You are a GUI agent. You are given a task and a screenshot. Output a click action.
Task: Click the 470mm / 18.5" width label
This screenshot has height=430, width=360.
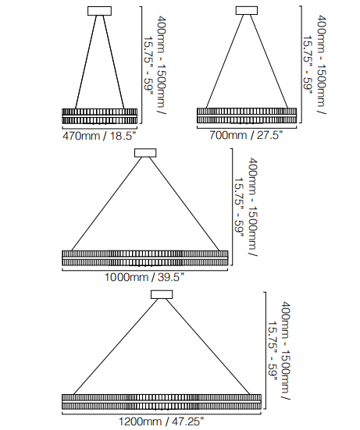pos(99,136)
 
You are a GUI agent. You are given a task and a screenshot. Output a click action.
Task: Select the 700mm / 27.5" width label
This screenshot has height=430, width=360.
pos(246,135)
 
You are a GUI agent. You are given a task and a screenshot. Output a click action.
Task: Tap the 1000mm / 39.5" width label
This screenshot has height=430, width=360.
pos(144,277)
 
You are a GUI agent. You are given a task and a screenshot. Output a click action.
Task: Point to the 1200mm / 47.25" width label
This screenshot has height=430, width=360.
pos(162,421)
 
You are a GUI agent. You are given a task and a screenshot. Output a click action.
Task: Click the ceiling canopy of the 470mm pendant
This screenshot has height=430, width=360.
pos(100,11)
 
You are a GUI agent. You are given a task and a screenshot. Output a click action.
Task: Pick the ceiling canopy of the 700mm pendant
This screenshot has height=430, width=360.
pos(247,10)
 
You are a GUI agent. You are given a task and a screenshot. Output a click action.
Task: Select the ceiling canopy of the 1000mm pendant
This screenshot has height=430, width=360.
pos(145,153)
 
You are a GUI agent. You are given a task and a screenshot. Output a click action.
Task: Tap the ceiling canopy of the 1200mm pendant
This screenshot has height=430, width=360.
pos(162,294)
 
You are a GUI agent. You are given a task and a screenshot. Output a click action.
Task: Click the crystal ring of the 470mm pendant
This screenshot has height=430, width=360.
pos(100,116)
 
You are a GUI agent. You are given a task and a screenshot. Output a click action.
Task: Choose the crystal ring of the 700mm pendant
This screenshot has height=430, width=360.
pos(247,115)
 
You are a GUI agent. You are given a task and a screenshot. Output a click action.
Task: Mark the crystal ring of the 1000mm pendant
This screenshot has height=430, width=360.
pos(145,258)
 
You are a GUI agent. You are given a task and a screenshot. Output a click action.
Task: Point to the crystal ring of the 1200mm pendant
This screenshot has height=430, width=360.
pos(162,402)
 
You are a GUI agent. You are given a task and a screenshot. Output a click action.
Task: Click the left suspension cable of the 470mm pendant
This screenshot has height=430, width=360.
pos(86,62)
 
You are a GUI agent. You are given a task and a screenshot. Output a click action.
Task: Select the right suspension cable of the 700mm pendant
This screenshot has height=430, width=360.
pos(269,62)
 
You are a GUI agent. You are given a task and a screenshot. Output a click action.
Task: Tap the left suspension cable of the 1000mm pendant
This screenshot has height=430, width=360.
pos(106,204)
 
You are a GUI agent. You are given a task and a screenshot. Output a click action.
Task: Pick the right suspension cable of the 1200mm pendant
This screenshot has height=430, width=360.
pos(208,347)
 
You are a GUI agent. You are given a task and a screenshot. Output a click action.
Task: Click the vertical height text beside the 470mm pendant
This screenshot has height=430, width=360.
pos(155,65)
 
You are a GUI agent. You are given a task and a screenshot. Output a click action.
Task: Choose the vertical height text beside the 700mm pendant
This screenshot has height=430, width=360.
pos(315,65)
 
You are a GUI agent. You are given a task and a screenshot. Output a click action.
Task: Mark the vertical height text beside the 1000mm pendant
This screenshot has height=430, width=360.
pos(246,207)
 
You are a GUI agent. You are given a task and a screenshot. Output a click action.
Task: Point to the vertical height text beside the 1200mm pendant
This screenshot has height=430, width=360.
pos(279,351)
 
